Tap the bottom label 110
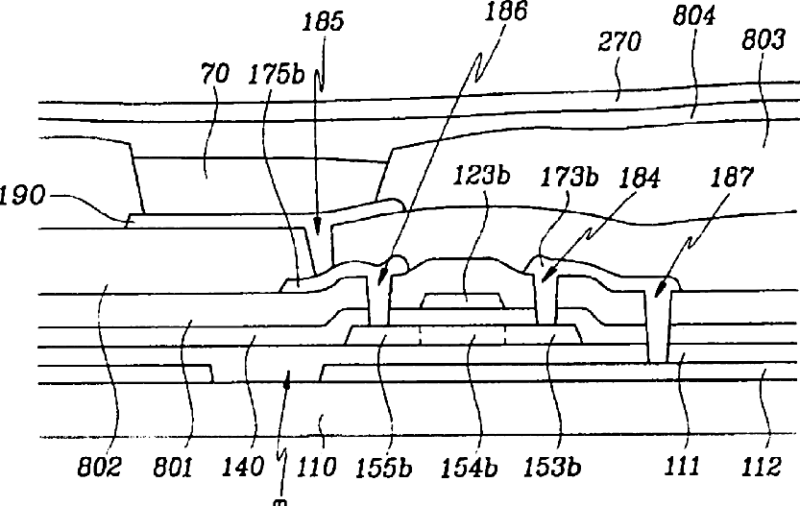point(316,469)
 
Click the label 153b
point(550,469)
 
